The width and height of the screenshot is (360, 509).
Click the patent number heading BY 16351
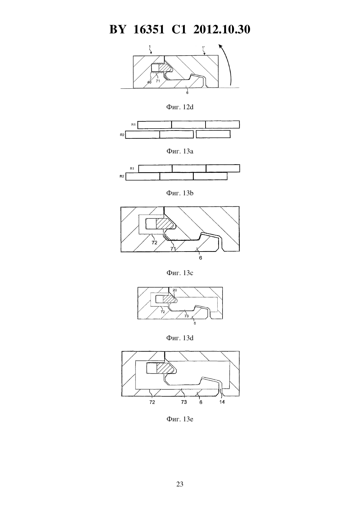tap(137, 29)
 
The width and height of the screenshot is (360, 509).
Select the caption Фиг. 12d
tap(180, 107)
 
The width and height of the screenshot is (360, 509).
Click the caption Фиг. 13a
tap(180, 151)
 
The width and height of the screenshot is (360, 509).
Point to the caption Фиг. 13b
tap(180, 193)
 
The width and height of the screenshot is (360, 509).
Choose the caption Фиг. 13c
tap(180, 273)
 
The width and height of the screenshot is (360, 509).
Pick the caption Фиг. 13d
tap(180, 338)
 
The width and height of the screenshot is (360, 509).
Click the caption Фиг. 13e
tap(180, 419)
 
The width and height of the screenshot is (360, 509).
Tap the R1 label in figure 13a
tap(134, 125)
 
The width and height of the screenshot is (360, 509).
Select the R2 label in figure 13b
tap(122, 176)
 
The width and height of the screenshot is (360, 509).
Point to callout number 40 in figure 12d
tap(149, 82)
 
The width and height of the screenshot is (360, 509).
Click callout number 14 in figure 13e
tap(222, 402)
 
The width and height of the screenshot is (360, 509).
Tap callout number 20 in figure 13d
tap(175, 290)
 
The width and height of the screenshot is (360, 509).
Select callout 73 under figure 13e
tap(184, 402)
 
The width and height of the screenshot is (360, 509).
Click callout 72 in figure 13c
tap(154, 243)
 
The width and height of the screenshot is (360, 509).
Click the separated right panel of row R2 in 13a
tap(213, 134)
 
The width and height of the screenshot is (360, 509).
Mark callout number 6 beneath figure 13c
tap(200, 258)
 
